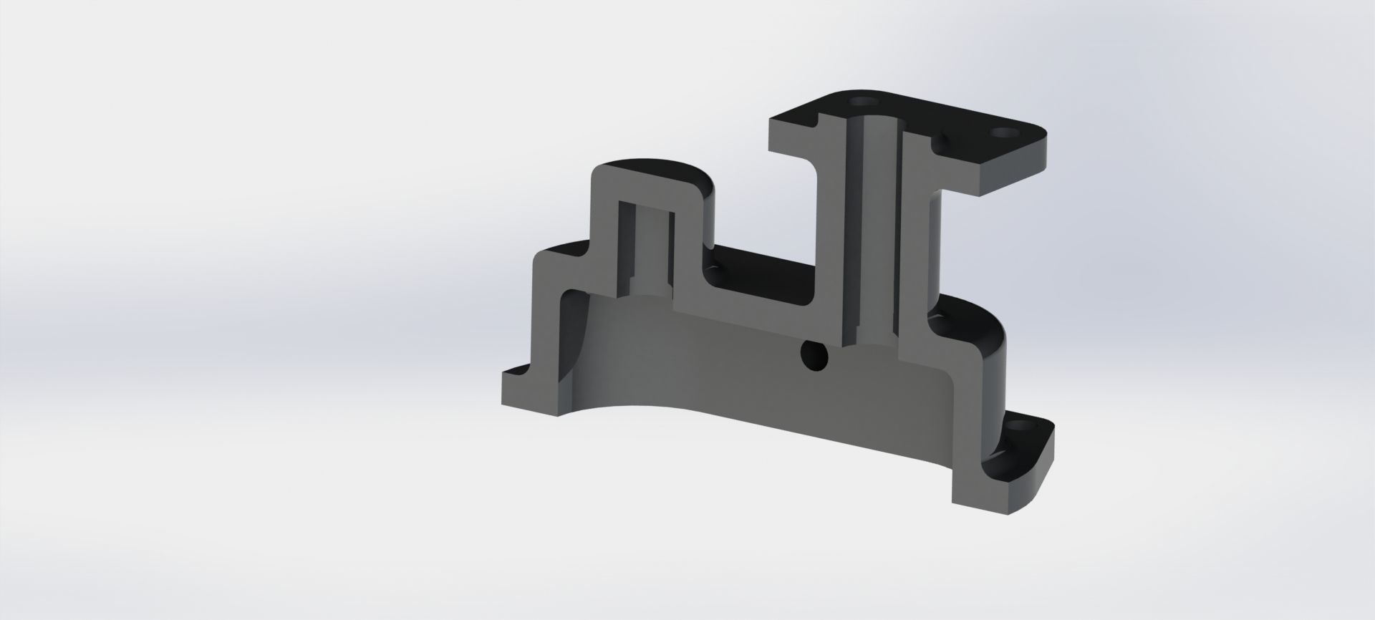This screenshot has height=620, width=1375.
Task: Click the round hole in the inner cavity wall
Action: coord(813,355)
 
